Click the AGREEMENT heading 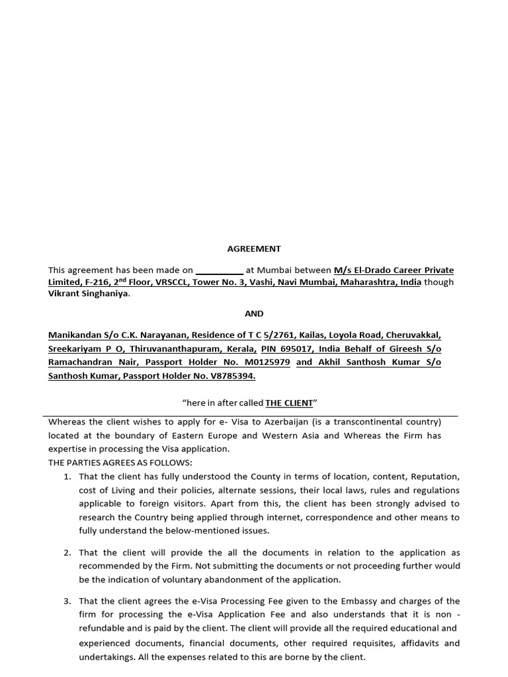pyautogui.click(x=254, y=249)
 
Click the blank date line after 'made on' pyautogui.click(x=220, y=270)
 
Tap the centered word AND pyautogui.click(x=254, y=313)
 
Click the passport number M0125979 pyautogui.click(x=267, y=362)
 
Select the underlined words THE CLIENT pyautogui.click(x=289, y=403)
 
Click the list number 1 pyautogui.click(x=67, y=477)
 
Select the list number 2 pyautogui.click(x=67, y=553)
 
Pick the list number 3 pyautogui.click(x=67, y=601)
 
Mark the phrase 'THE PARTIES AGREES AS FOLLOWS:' pyautogui.click(x=120, y=462)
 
